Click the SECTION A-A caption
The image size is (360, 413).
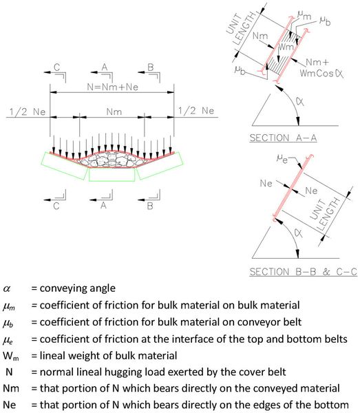[x=283, y=138]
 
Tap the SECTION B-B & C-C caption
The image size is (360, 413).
[x=303, y=272]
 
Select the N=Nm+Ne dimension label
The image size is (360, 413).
[x=112, y=87]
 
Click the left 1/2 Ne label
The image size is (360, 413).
[x=28, y=112]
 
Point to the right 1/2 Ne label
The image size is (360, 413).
[x=196, y=111]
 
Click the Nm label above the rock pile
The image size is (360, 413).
[x=114, y=112]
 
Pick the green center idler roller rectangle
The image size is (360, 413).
[x=112, y=175]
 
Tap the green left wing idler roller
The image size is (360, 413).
[x=65, y=166]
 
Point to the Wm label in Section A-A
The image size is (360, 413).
[x=286, y=47]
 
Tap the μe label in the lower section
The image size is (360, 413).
[x=282, y=159]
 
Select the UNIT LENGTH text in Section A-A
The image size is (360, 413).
[x=240, y=29]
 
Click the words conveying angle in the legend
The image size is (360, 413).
[x=77, y=288]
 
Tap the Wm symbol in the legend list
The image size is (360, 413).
[x=11, y=356]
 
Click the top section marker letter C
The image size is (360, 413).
[x=56, y=67]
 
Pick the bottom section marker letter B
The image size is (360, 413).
[x=150, y=206]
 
